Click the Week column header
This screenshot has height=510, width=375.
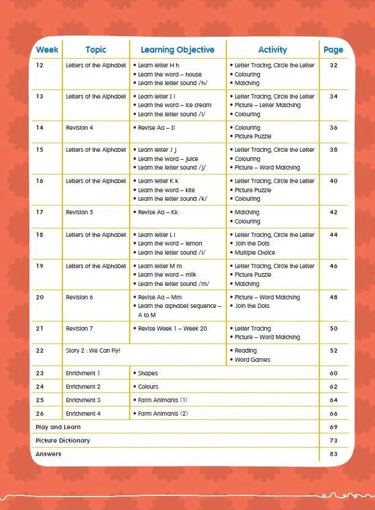point(46,50)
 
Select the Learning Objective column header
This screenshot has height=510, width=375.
point(177,50)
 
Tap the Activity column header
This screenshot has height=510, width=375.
point(272,50)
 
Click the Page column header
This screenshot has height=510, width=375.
point(333,50)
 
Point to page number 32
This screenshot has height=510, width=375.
point(333,66)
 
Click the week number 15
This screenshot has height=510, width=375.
point(40,150)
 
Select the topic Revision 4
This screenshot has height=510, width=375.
point(80,128)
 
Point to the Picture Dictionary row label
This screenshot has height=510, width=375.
point(62,441)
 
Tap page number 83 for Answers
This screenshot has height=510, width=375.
point(333,454)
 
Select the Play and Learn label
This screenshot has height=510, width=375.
point(58,427)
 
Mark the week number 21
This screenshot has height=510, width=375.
point(40,329)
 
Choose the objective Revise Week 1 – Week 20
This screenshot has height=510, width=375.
point(173,329)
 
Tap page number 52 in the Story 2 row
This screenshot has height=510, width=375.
point(333,351)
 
